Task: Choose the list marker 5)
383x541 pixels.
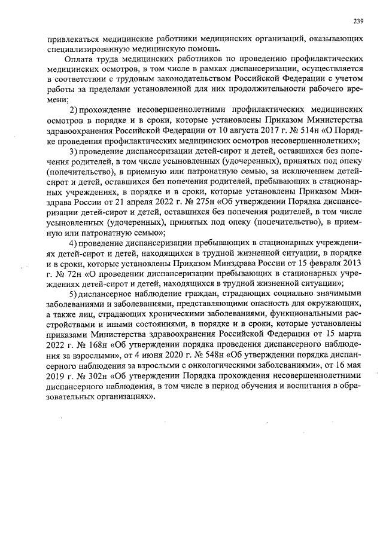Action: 74,294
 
